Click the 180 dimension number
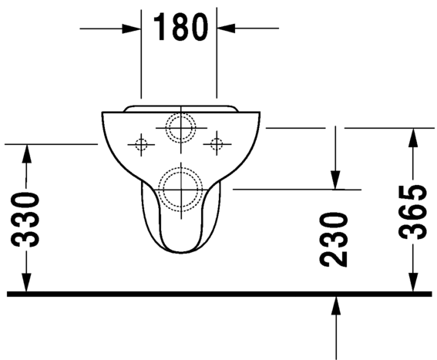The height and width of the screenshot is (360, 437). [x=180, y=28]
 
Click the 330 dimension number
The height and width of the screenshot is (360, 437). [x=27, y=219]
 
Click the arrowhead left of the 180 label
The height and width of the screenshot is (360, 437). [x=132, y=29]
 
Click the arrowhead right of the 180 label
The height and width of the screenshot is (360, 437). [x=227, y=29]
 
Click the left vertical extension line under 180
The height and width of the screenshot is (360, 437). [x=142, y=62]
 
